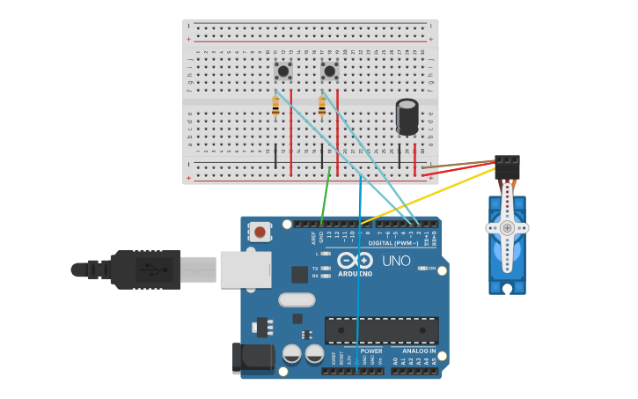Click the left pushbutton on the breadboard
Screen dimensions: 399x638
click(283, 70)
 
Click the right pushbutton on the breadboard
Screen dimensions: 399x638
click(330, 70)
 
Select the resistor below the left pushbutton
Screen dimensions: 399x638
click(275, 107)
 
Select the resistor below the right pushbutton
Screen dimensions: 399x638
click(322, 107)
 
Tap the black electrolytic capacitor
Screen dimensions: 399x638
click(407, 117)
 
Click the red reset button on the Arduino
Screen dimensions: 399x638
click(260, 232)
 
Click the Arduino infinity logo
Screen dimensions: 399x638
click(354, 262)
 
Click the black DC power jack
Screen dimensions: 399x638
click(249, 358)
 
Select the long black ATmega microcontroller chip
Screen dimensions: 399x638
click(381, 330)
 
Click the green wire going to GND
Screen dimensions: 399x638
click(326, 196)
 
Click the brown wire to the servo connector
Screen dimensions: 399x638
click(458, 164)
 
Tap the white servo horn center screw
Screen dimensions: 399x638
click(507, 228)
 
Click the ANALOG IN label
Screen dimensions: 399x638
click(419, 351)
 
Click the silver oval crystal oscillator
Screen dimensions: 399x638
click(297, 299)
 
